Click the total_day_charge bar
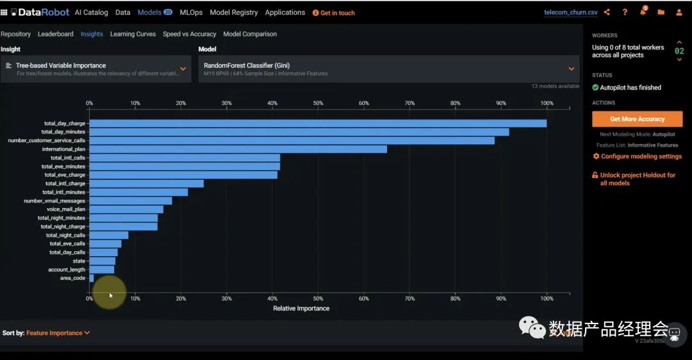tap(318, 123)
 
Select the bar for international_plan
tap(238, 149)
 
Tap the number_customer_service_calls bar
tap(292, 140)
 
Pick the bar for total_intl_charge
tap(146, 183)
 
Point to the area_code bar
tap(92, 278)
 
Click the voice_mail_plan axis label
tap(65, 209)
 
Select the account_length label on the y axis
tap(67, 270)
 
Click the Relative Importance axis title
tap(301, 308)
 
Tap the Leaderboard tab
tap(55, 34)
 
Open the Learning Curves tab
tap(133, 34)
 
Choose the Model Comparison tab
tap(250, 34)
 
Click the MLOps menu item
tap(191, 12)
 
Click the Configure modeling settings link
tap(637, 156)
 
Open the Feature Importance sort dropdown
tap(58, 333)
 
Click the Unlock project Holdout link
tap(637, 179)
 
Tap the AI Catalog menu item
tap(91, 12)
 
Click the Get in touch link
tap(334, 13)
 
